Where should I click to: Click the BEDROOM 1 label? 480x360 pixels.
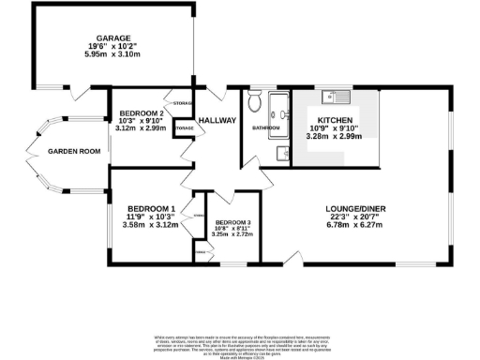[x=150, y=208]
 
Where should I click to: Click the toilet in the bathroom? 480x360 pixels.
[x=255, y=100]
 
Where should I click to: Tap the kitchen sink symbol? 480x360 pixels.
[x=333, y=97]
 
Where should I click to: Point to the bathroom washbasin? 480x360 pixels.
[x=281, y=153]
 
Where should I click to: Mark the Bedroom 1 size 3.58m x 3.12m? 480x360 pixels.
[x=150, y=225]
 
